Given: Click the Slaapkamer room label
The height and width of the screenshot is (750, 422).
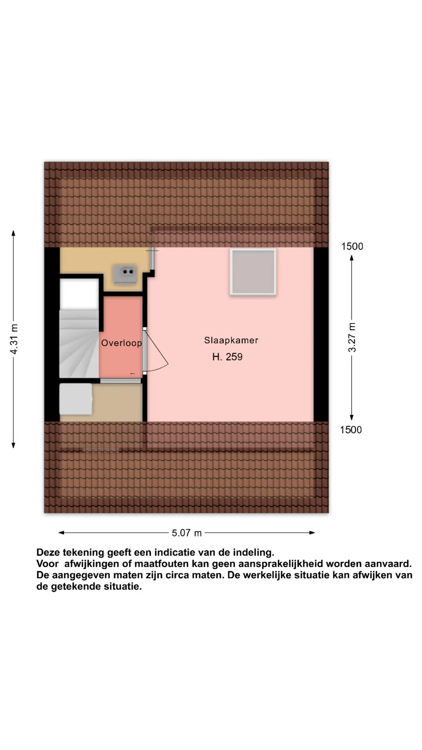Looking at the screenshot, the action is click(231, 340).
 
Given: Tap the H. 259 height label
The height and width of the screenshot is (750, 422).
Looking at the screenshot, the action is click(227, 357).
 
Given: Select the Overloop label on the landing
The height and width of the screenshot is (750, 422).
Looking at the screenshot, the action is click(122, 343).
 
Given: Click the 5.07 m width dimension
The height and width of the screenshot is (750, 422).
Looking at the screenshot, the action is click(187, 533).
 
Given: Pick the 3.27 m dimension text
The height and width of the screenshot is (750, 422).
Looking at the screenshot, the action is click(352, 337).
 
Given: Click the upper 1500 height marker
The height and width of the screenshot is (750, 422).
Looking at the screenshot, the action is click(352, 246).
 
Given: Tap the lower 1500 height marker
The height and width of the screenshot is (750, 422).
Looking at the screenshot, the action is click(351, 430).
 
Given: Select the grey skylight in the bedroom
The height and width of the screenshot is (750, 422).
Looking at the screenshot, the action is click(253, 271).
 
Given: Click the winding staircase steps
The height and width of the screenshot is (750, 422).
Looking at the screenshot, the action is click(79, 344).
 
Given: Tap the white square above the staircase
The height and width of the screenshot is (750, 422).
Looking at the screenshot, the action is click(79, 293).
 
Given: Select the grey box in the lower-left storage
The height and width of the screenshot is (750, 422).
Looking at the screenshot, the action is click(76, 399).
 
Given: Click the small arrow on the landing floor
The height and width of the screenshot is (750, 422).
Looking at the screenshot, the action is click(132, 374).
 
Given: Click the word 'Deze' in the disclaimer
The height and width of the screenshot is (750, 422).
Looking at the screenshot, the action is click(49, 552).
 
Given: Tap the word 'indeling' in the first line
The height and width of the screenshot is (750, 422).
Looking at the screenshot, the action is click(254, 553).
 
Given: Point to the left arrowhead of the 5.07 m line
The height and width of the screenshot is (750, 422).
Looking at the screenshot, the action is click(61, 532).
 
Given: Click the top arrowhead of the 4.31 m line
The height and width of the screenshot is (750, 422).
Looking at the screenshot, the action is click(14, 233).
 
